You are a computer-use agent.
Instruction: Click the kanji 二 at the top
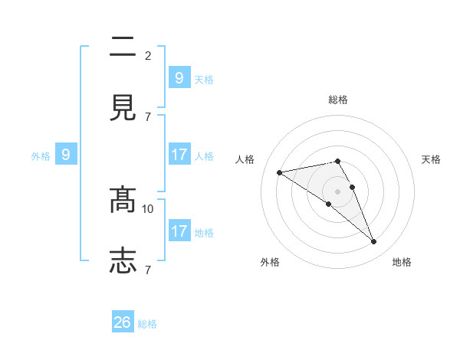123,47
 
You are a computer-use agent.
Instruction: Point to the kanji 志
123,260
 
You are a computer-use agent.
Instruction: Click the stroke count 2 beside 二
148,56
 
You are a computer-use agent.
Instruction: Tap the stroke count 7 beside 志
148,270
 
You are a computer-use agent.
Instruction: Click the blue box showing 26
123,323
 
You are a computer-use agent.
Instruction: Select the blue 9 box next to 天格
179,78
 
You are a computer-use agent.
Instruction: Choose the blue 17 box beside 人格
179,155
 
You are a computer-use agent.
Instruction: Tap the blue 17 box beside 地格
179,231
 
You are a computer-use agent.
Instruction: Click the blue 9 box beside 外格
66,155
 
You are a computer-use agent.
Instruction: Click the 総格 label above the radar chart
338,100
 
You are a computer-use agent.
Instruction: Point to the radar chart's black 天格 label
432,159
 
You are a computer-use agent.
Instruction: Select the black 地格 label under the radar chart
402,263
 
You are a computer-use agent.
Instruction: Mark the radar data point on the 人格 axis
280,172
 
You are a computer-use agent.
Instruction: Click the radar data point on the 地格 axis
374,242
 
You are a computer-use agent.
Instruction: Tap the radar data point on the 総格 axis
338,161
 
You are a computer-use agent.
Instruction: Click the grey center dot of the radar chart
338,191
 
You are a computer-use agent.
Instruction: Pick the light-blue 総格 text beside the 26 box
147,324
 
